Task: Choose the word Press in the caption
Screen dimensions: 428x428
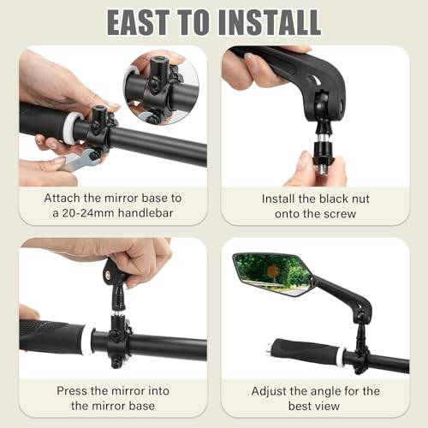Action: [74, 389]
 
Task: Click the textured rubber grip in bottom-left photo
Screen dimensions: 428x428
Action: [43, 336]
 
